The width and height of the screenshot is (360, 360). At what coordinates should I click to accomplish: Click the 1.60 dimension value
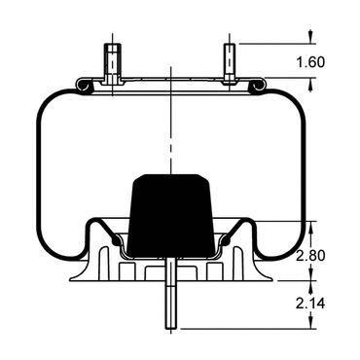point(310,62)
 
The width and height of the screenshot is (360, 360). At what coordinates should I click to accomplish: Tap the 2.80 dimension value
point(310,256)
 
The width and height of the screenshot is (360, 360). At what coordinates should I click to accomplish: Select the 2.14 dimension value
point(310,304)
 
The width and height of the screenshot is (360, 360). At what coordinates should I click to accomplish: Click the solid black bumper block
point(171,215)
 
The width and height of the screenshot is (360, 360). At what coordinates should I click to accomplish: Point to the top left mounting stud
point(113,64)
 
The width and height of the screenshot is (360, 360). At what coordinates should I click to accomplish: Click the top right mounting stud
point(230,63)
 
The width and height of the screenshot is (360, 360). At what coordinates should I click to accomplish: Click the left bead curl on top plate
point(83,86)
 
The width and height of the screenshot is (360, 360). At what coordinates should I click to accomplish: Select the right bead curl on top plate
point(259,85)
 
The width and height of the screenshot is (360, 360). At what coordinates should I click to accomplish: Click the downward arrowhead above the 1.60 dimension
point(310,37)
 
